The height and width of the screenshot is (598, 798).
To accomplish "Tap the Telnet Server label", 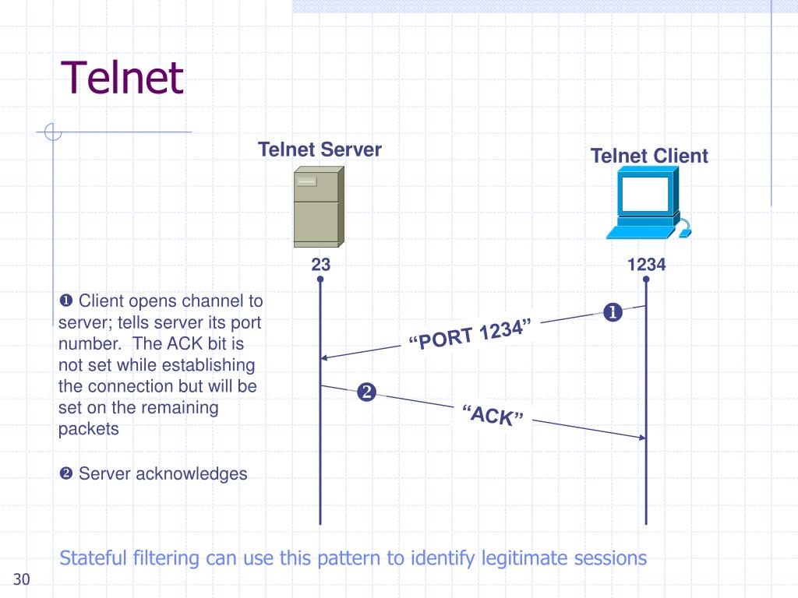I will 320,149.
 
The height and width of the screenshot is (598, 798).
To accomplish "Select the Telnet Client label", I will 648,156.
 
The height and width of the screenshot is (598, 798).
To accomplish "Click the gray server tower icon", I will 317,206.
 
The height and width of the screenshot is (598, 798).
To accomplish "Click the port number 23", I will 320,265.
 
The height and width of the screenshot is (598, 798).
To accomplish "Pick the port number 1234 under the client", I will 646,265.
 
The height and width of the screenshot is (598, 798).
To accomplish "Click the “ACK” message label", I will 492,415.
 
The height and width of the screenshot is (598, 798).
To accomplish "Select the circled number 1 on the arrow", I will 612,313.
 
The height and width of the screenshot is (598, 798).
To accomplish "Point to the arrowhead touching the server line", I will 326,357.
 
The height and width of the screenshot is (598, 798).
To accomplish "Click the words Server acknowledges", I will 162,473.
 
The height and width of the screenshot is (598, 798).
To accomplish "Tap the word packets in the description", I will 89,428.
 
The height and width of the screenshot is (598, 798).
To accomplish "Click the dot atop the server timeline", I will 320,279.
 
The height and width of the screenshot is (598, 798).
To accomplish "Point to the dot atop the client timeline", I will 646,279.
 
